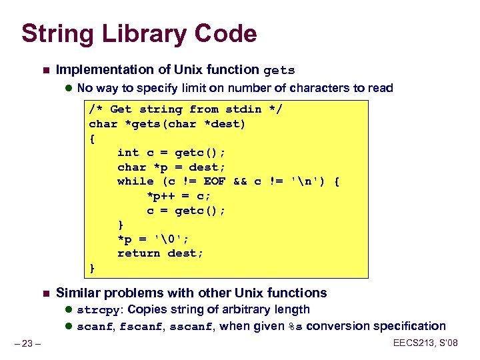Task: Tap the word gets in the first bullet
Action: pos(279,70)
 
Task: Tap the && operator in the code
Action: pos(240,181)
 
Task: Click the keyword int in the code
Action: pos(128,153)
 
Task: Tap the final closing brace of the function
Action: pos(92,268)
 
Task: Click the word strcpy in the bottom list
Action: pos(99,310)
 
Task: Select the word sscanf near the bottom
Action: pos(192,327)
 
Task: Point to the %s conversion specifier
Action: pos(295,327)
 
